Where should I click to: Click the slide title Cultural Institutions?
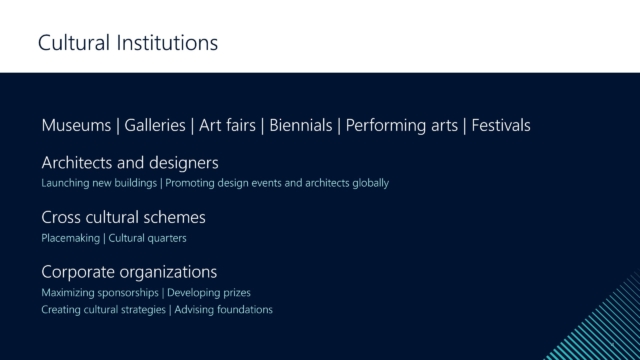coord(128,42)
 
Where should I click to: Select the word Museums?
coord(76,125)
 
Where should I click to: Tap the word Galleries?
coord(155,125)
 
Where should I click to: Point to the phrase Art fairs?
coord(227,125)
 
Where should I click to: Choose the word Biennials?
coord(301,125)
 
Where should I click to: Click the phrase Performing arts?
coord(402,126)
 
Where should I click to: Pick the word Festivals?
coord(501,125)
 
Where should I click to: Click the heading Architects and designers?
coord(130,163)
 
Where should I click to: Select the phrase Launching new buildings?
coord(99,183)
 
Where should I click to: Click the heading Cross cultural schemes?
coord(123,217)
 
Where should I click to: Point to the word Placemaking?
coord(70,238)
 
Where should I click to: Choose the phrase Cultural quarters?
coord(147,238)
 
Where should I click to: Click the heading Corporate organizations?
coord(129,272)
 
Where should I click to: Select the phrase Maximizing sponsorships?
coord(100,293)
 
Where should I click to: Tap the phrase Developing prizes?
coord(209,293)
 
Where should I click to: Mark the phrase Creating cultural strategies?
coord(103,310)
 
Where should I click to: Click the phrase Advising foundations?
coord(224,310)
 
